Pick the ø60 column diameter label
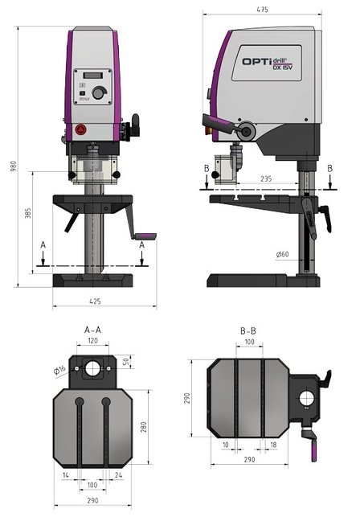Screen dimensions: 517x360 pyautogui.click(x=282, y=255)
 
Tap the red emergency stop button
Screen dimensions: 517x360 pyautogui.click(x=80, y=129)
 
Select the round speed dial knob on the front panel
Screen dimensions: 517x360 pyautogui.click(x=98, y=92)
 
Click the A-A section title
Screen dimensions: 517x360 pyautogui.click(x=93, y=330)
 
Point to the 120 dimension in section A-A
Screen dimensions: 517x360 pyautogui.click(x=93, y=341)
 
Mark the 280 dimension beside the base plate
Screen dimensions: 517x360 pyautogui.click(x=145, y=426)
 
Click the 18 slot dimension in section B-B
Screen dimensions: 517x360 pyautogui.click(x=274, y=444)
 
